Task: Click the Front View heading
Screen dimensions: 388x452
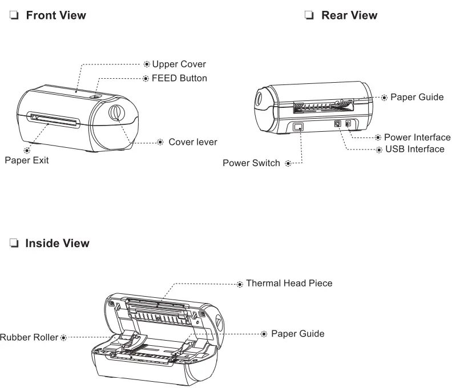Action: (x=55, y=15)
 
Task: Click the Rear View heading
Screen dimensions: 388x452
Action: (x=349, y=15)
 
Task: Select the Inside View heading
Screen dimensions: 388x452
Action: (x=57, y=244)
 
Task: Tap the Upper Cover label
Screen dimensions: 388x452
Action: (x=179, y=64)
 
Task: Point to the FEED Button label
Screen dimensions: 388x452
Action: (x=179, y=78)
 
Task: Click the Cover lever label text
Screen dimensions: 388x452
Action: (x=192, y=142)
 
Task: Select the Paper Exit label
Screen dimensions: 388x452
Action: (x=27, y=160)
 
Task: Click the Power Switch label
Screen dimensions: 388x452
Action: (x=251, y=163)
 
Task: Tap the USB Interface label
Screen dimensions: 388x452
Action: (x=414, y=149)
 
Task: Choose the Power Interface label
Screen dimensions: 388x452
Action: (x=417, y=138)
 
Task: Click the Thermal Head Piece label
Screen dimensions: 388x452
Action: (x=289, y=283)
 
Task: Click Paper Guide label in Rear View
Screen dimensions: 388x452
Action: (x=417, y=97)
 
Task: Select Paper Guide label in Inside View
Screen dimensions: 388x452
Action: (x=297, y=334)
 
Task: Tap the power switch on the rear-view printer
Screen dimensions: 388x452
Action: (x=297, y=127)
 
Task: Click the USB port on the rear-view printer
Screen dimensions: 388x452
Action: (x=337, y=123)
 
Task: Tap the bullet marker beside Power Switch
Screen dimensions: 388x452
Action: (x=287, y=164)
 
